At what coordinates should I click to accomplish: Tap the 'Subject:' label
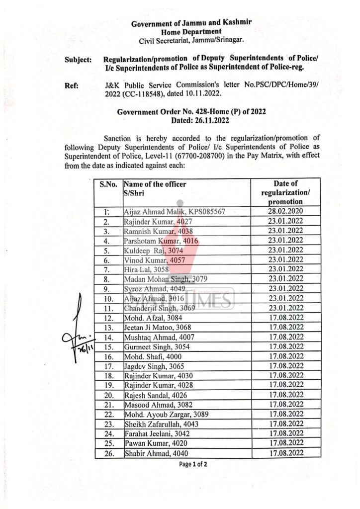coord(78,60)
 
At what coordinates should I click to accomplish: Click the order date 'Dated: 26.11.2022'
coord(191,120)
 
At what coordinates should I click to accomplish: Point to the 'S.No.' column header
coord(108,184)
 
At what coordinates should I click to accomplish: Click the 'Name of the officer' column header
coord(155,184)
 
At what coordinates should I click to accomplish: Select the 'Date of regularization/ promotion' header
coord(285,193)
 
